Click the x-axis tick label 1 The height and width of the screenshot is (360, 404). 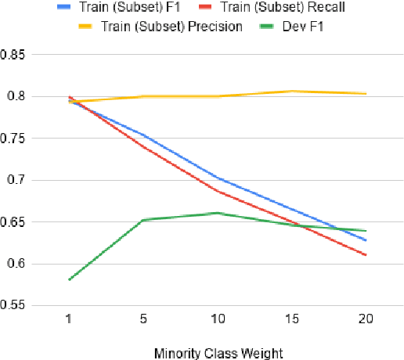click(x=71, y=321)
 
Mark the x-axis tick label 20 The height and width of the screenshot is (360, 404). click(x=365, y=321)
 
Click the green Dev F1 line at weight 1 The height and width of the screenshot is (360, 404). click(x=70, y=279)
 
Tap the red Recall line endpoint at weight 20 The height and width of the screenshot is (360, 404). click(x=366, y=254)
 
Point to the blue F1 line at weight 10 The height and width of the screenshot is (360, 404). click(x=217, y=178)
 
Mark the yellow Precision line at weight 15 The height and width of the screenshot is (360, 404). click(x=291, y=91)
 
